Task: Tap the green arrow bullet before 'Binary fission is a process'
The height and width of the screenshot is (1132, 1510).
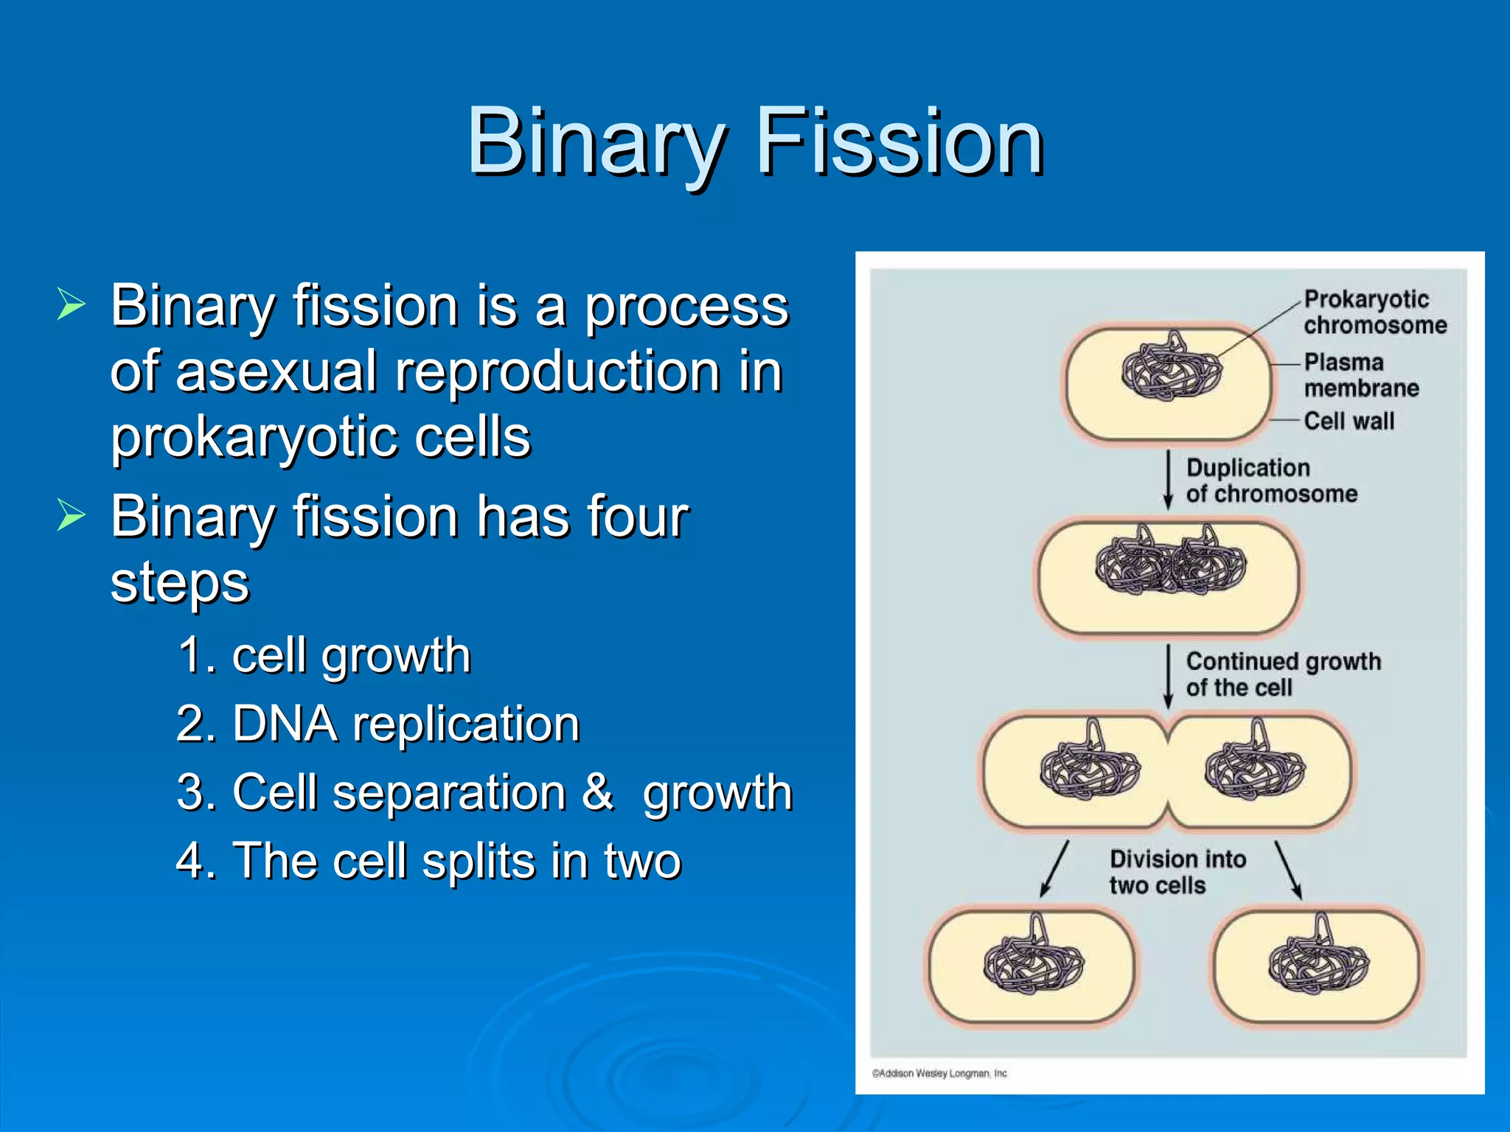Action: click(x=72, y=304)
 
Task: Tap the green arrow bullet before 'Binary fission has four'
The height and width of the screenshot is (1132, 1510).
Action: click(x=72, y=514)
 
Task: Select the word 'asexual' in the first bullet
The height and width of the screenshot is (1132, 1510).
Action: click(x=276, y=371)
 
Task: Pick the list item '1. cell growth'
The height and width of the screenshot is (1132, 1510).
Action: click(x=324, y=655)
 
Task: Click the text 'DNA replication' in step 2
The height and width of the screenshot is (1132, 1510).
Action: click(x=406, y=724)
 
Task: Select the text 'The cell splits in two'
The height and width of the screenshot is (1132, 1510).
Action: click(x=457, y=861)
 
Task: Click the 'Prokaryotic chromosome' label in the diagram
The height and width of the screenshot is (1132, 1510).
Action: click(x=1374, y=312)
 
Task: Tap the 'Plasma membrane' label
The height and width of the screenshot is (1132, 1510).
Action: click(x=1360, y=374)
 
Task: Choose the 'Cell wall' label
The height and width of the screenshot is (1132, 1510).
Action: click(x=1349, y=421)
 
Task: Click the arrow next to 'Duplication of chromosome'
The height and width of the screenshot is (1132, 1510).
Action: click(x=1168, y=481)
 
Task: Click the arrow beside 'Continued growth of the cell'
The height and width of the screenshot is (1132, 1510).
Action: click(x=1168, y=675)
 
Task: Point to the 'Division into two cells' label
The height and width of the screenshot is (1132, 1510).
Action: click(x=1177, y=872)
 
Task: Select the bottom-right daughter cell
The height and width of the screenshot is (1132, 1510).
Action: click(x=1317, y=965)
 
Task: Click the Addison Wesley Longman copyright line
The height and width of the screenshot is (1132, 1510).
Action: click(x=939, y=1073)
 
